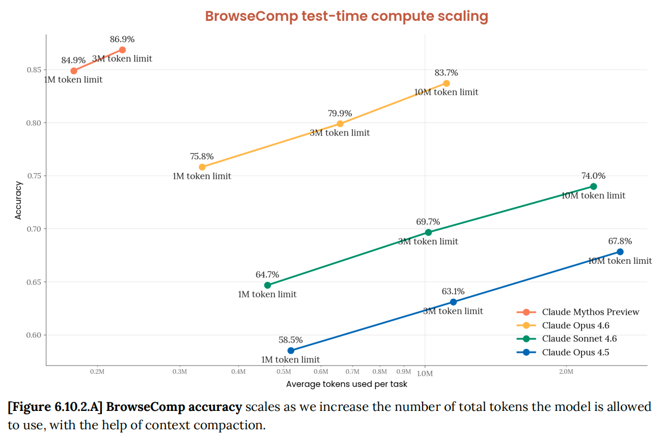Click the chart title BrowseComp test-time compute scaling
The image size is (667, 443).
346,16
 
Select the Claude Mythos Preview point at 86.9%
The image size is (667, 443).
122,50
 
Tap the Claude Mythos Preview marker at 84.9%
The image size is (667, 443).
74,71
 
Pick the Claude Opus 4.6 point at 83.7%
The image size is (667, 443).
447,83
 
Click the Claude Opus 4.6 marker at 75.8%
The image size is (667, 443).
202,167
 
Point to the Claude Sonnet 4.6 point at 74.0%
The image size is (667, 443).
593,186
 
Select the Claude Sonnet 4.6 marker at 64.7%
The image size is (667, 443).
267,285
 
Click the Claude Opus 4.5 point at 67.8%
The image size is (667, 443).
620,252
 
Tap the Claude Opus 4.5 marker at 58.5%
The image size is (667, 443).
291,350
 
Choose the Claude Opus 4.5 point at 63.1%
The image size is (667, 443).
453,302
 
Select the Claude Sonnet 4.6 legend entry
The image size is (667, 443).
579,339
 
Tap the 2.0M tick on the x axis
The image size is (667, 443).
566,372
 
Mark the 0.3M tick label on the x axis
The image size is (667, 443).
180,372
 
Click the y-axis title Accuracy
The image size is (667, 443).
19,200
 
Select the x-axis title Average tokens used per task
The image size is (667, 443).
346,384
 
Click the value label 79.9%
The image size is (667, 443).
340,113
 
